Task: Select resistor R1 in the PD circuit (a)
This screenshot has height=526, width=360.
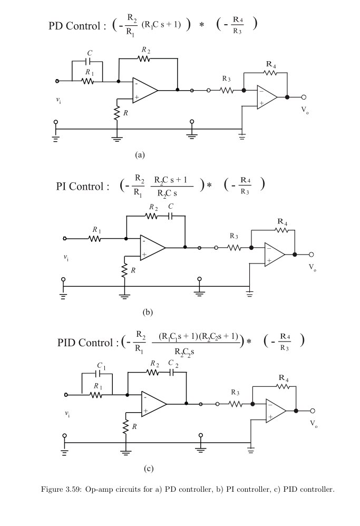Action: tap(87, 81)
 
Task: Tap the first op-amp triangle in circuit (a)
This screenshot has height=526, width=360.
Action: tap(144, 90)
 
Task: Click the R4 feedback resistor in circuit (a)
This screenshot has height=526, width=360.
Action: tap(270, 72)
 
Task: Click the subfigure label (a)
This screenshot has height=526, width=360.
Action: tap(140, 154)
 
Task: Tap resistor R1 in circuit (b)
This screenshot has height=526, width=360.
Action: tap(95, 238)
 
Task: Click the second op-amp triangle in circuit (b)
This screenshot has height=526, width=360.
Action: tap(274, 254)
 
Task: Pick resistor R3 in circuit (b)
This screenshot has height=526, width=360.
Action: tap(235, 247)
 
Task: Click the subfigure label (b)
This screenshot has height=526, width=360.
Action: tap(148, 312)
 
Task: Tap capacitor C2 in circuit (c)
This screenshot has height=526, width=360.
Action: tap(172, 372)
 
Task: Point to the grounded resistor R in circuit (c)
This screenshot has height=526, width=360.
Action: tap(126, 426)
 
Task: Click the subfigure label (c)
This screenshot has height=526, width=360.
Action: tap(149, 468)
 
